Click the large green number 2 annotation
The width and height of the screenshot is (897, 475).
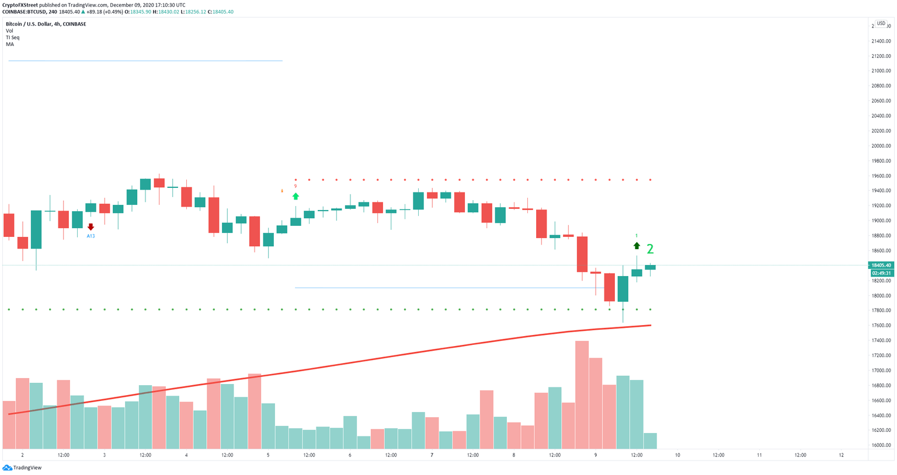click(x=650, y=249)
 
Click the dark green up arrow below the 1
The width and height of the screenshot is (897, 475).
click(x=637, y=246)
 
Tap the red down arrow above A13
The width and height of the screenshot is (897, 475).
click(x=91, y=227)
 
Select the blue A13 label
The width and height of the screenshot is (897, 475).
click(x=91, y=236)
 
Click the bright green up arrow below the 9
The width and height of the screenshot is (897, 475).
click(x=295, y=196)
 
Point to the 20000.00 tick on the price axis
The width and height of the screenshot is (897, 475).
click(x=881, y=146)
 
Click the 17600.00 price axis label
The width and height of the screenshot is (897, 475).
click(x=881, y=326)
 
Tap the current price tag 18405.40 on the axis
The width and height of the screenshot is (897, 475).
click(x=881, y=266)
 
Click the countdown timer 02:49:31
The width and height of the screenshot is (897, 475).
click(x=881, y=273)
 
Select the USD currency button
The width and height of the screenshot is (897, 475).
click(x=881, y=23)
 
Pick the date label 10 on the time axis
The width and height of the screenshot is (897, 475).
click(x=677, y=455)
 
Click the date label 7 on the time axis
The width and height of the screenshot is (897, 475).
click(x=432, y=455)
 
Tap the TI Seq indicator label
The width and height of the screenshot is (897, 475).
click(x=12, y=37)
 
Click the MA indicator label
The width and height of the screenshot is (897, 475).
click(x=10, y=44)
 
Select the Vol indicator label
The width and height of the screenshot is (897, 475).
click(x=9, y=31)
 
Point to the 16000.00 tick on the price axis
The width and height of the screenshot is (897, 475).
click(x=881, y=445)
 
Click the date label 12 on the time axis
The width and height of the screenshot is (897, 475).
click(x=841, y=455)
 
